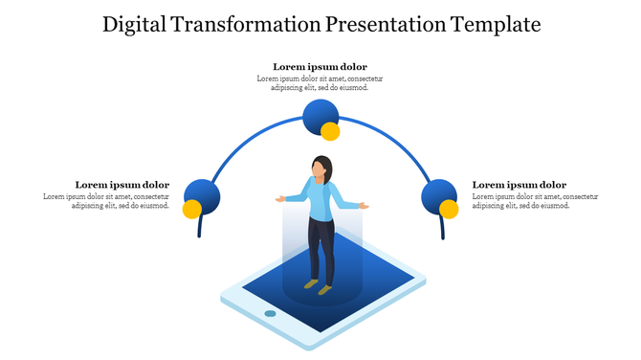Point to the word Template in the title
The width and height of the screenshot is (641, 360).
click(x=498, y=25)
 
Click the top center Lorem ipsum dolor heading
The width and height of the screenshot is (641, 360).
click(x=320, y=67)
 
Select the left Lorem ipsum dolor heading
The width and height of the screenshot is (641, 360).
click(x=122, y=185)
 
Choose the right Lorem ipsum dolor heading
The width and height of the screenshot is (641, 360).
click(x=519, y=185)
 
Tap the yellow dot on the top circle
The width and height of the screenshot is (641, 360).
click(x=330, y=131)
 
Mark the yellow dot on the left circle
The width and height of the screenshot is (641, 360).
click(x=191, y=209)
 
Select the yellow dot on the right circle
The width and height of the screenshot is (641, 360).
click(x=449, y=209)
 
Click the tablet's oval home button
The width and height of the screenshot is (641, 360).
click(x=270, y=313)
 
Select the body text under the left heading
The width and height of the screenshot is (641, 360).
click(x=107, y=201)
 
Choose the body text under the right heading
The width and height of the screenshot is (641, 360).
click(x=535, y=201)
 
